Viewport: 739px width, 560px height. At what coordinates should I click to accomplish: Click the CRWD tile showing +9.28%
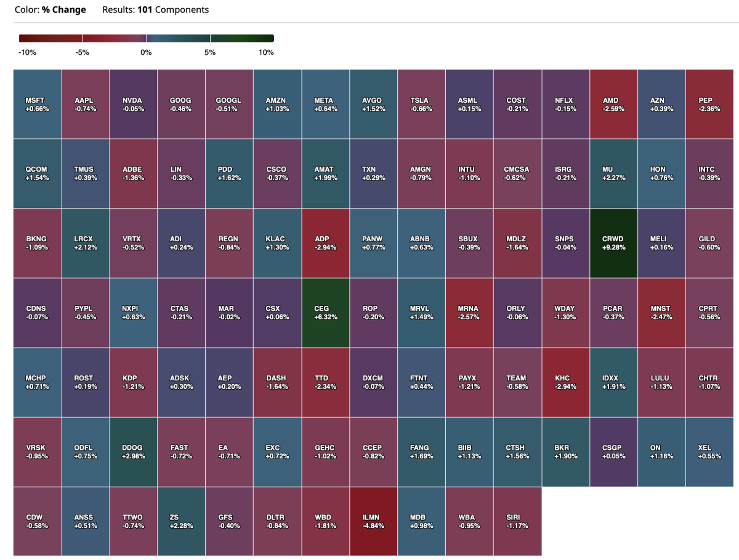coord(613,243)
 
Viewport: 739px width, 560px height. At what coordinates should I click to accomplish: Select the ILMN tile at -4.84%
coord(373,521)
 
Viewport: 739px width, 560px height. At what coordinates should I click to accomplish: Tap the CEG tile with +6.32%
coord(325,313)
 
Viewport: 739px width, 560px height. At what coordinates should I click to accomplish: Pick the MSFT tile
coord(37,104)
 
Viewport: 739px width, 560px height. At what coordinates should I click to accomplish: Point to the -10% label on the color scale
coord(27,53)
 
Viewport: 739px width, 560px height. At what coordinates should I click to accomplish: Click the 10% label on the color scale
coord(266,53)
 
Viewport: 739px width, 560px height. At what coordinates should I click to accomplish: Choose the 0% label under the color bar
coord(146,53)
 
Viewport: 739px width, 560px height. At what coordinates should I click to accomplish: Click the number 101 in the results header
coord(145,10)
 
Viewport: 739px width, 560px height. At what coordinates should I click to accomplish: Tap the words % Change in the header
coord(64,10)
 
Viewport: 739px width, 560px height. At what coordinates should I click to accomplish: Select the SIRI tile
coord(518,521)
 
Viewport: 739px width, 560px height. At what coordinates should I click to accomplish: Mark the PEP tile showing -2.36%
coord(709,104)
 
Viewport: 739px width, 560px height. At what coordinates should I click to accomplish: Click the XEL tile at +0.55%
coord(709,452)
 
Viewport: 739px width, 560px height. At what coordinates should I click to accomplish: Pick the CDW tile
coord(37,521)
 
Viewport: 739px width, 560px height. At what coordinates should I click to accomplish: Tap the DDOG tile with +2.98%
coord(133,452)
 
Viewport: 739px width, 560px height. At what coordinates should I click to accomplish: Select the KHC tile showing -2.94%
coord(565,382)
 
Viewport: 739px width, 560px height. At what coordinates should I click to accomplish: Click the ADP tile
coord(325,243)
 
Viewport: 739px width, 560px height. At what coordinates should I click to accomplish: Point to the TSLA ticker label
coord(421,100)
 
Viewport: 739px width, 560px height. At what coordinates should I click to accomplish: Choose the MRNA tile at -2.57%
coord(469,313)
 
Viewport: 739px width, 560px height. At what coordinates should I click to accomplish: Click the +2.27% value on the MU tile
coord(613,178)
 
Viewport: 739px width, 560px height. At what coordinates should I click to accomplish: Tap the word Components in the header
coord(182,10)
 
